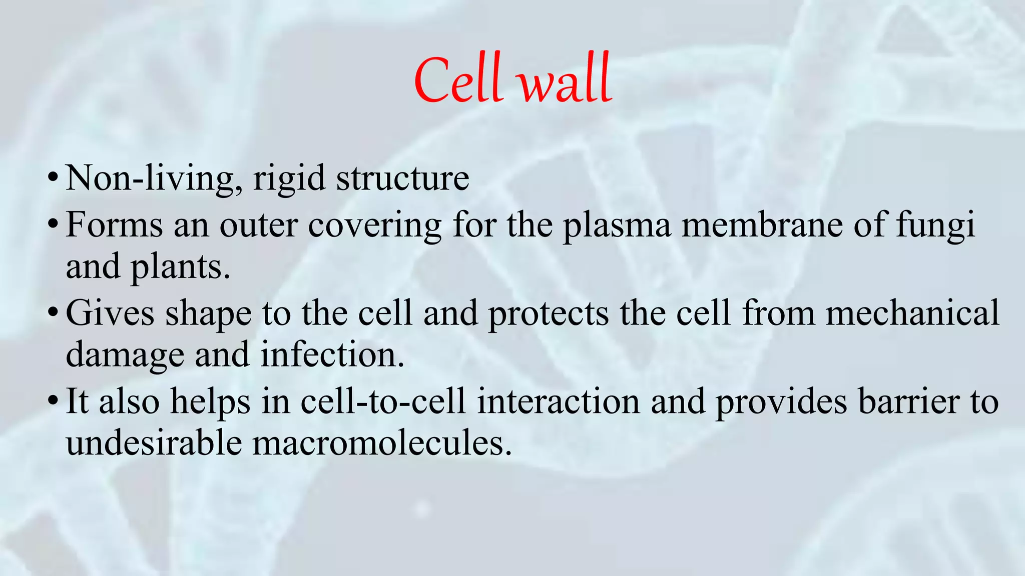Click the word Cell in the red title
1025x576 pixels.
(x=458, y=80)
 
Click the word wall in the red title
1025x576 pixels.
(x=566, y=82)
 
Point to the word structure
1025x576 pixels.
(x=402, y=178)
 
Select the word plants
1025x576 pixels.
(x=180, y=267)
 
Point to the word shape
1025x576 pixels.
(x=208, y=314)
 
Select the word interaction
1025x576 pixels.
(x=558, y=401)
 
